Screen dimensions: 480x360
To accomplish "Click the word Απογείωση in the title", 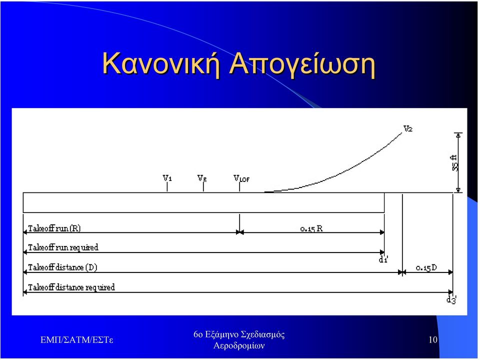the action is coord(302,65).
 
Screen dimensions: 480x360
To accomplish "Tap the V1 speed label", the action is coord(167,178).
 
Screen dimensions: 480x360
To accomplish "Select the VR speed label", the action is coord(202,178).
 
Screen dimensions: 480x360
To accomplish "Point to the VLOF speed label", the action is coord(241,178).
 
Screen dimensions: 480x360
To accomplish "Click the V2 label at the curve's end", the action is coord(408,129).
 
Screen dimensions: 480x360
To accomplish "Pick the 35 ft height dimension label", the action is coord(455,162).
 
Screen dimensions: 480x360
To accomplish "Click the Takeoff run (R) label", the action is coord(54,228).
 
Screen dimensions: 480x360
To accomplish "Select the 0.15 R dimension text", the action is coord(311,228).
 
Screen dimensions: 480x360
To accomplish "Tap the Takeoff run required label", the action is coord(63,247).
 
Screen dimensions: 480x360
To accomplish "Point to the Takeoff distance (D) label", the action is coord(62,267).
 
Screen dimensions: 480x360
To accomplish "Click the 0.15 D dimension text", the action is coord(426,268).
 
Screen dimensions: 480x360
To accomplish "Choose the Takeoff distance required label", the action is coord(71,287).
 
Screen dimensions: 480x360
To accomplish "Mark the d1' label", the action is coord(383,259).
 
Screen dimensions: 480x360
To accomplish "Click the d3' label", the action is coord(451,299).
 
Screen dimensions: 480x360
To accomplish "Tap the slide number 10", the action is coord(433,340).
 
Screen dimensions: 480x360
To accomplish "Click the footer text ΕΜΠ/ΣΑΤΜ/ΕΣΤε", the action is coord(77,340).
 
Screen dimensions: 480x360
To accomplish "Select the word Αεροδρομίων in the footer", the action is coord(239,345).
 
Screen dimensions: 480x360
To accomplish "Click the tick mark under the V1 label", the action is coord(167,186).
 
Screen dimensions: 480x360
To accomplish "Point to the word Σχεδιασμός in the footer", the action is coord(263,334).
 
